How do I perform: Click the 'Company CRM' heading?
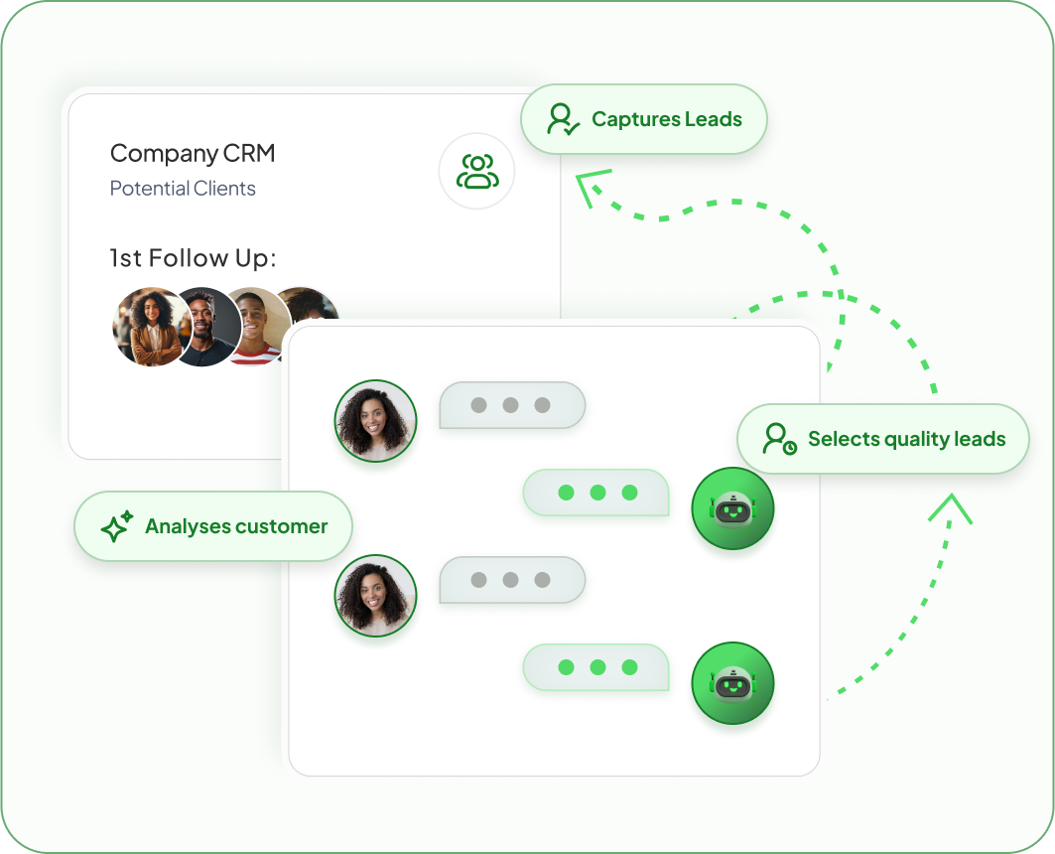pyautogui.click(x=193, y=154)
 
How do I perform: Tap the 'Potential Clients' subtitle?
pyautogui.click(x=183, y=189)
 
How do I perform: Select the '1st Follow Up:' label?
pyautogui.click(x=193, y=259)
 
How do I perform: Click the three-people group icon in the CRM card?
pyautogui.click(x=477, y=171)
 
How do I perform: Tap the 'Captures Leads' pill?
pyautogui.click(x=644, y=119)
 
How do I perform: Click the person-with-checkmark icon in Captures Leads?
pyautogui.click(x=563, y=119)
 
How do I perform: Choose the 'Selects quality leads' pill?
pyautogui.click(x=883, y=439)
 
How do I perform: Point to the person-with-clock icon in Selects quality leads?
pyautogui.click(x=779, y=439)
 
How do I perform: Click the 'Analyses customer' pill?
pyautogui.click(x=213, y=526)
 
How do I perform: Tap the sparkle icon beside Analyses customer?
pyautogui.click(x=116, y=526)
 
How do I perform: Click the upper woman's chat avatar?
pyautogui.click(x=375, y=421)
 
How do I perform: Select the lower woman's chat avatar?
pyautogui.click(x=375, y=596)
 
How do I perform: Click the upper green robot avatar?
pyautogui.click(x=732, y=509)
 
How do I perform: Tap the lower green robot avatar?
pyautogui.click(x=732, y=683)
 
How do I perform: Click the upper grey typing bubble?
pyautogui.click(x=511, y=405)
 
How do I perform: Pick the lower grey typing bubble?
pyautogui.click(x=511, y=580)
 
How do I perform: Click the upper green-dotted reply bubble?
pyautogui.click(x=596, y=493)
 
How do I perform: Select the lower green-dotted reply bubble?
pyautogui.click(x=596, y=667)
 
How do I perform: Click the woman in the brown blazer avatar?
pyautogui.click(x=150, y=328)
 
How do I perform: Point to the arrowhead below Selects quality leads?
pyautogui.click(x=950, y=506)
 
